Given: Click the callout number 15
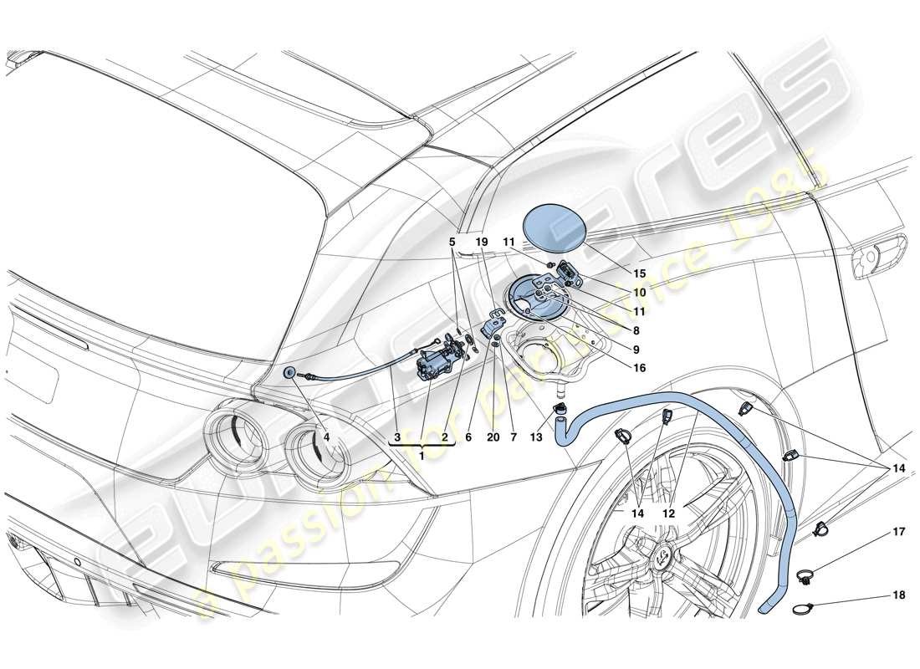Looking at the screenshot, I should coord(639,273).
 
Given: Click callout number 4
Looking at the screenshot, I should coord(327,437).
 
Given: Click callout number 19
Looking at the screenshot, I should coord(481,241).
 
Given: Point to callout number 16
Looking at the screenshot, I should coord(639,366).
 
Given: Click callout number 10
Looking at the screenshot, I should coord(639,293).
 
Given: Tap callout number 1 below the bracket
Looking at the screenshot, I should coord(422,455).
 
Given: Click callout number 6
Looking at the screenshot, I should coord(468,437).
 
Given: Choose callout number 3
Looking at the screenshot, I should coord(398,437).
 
